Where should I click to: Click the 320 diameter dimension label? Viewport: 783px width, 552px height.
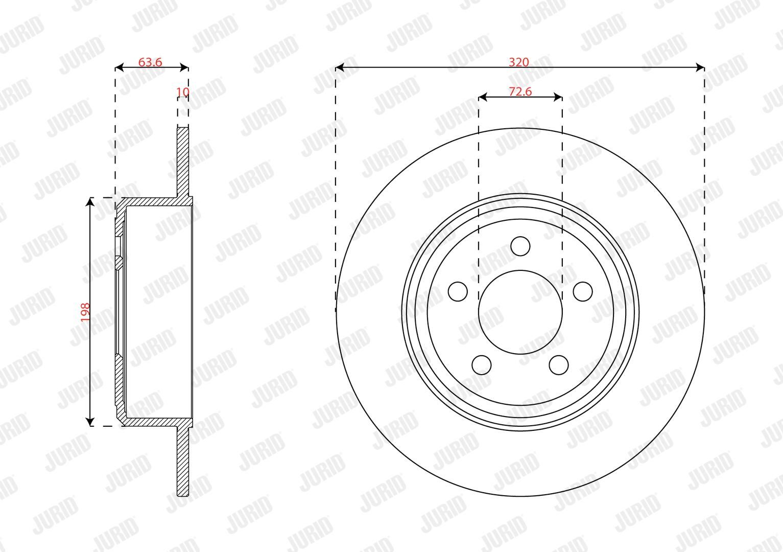point(519,62)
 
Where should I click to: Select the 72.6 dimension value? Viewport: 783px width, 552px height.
point(520,91)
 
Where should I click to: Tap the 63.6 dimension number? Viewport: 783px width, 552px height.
point(150,62)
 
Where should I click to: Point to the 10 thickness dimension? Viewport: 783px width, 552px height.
point(182,91)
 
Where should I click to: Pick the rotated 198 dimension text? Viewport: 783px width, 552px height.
point(85,312)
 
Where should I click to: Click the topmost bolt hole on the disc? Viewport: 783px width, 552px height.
point(520,246)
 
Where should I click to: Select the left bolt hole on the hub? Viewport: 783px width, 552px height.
point(458,291)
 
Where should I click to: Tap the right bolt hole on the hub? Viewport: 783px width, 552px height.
point(583,291)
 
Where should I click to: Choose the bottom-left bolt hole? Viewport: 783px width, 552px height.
point(481,365)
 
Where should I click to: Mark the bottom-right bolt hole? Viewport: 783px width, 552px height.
point(559,365)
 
